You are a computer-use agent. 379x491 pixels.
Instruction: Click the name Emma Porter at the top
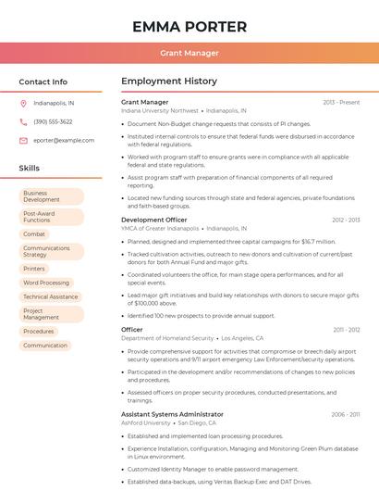point(189,27)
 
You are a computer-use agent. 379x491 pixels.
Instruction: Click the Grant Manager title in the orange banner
point(189,53)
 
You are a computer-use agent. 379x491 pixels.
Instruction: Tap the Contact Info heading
point(43,82)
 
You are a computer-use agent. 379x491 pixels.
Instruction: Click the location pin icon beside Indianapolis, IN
point(23,103)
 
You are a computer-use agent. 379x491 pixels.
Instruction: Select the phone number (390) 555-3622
point(53,121)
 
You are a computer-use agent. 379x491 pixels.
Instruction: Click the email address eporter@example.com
point(64,140)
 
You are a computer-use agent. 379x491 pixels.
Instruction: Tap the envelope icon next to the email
point(23,140)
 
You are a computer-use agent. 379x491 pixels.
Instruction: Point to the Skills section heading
point(30,169)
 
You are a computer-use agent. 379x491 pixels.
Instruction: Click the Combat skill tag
point(35,234)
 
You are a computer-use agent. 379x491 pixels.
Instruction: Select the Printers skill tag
point(35,269)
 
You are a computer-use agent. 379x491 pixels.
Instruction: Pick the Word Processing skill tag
point(46,283)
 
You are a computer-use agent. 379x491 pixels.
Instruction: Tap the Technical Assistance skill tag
point(51,296)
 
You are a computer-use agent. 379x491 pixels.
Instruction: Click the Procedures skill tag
point(39,331)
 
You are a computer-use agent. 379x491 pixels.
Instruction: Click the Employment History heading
point(169,82)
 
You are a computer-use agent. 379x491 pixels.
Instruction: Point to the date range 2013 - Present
point(341,102)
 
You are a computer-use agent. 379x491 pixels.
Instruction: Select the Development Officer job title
point(154,220)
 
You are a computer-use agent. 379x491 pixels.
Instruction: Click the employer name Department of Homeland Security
point(167,338)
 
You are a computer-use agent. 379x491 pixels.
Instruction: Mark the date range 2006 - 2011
point(346,414)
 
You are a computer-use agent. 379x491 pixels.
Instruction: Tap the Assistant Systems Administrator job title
point(172,414)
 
